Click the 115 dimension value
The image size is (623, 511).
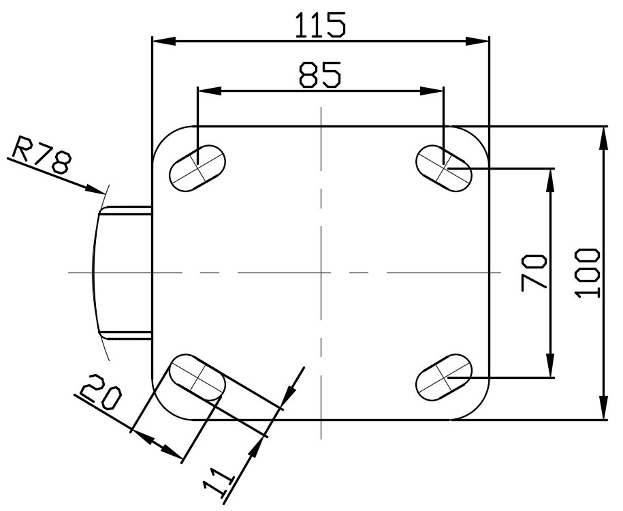[321, 25]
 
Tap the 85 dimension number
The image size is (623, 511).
[320, 74]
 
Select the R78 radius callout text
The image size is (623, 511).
[42, 155]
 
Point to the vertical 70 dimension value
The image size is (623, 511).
[534, 273]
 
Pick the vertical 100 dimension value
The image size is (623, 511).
[587, 273]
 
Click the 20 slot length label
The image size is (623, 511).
[101, 392]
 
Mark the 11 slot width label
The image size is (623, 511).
[217, 482]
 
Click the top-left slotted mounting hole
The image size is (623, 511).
[197, 168]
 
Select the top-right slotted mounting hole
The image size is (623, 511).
[444, 168]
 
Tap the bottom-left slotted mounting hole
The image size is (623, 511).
[197, 377]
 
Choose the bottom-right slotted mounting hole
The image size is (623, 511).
[444, 377]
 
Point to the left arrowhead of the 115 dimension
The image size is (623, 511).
[163, 41]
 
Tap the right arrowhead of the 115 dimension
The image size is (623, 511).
[477, 41]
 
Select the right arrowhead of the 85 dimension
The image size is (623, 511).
[432, 91]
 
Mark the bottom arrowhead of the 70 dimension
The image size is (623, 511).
[550, 365]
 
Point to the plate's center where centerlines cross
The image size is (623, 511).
[321, 273]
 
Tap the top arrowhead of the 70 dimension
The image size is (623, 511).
[550, 180]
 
